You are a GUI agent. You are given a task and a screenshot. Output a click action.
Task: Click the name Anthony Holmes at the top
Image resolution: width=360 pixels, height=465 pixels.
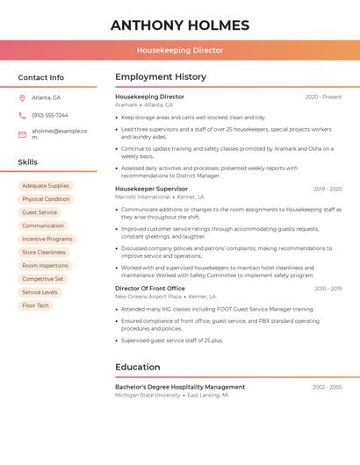(180, 25)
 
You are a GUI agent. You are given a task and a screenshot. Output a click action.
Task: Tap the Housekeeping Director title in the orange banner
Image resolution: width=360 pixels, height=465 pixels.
(180, 50)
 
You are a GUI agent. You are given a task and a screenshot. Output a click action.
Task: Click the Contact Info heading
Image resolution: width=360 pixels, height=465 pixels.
(41, 77)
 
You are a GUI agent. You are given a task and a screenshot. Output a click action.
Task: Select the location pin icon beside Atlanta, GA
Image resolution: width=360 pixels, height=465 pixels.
(22, 97)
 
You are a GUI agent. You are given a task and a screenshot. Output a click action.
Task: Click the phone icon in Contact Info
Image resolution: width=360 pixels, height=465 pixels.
(22, 115)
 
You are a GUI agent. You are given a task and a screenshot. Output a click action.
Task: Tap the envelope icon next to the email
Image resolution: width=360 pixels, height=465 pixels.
(22, 134)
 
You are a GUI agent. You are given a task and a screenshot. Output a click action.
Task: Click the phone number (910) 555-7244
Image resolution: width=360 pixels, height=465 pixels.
(50, 115)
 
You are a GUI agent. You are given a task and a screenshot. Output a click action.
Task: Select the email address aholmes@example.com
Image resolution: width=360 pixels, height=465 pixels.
(59, 133)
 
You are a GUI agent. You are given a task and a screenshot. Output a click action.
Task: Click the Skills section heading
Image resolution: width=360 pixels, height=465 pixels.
(28, 162)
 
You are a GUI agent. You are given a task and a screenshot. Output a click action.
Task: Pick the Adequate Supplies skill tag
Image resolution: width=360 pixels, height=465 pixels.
(46, 186)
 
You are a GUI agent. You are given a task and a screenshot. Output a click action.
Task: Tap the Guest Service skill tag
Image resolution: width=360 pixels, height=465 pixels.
(40, 212)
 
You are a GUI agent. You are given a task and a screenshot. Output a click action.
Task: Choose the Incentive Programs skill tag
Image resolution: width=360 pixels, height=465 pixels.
(47, 239)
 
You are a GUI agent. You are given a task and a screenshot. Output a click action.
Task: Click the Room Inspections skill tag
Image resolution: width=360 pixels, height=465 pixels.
(45, 265)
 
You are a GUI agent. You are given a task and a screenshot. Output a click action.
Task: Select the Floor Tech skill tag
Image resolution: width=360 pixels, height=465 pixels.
(36, 305)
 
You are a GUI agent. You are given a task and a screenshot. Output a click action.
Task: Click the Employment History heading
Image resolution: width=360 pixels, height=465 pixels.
(161, 77)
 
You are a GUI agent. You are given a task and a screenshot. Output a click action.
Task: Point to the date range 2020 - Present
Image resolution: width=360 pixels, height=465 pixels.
(323, 97)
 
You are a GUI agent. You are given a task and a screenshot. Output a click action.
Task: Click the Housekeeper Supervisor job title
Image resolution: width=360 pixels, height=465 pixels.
(152, 189)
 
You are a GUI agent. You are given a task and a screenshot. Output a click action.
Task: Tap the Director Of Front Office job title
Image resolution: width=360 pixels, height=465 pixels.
(150, 288)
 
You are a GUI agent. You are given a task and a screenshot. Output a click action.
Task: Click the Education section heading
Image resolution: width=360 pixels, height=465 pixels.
(138, 367)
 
